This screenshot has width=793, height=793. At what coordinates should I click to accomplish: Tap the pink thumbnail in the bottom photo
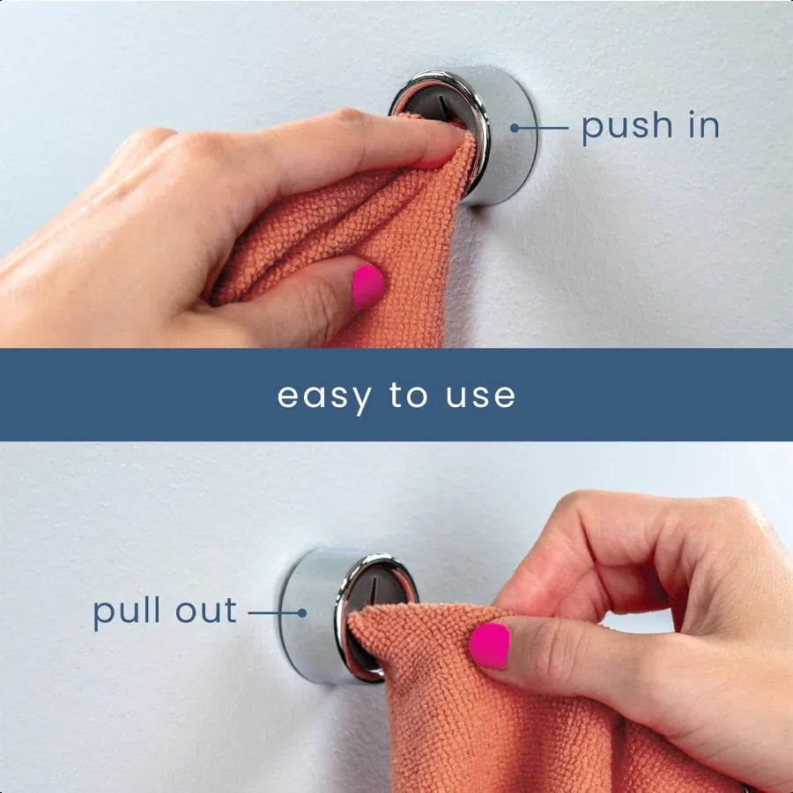pos(489,646)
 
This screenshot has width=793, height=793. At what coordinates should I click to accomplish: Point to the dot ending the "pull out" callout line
pos(301,611)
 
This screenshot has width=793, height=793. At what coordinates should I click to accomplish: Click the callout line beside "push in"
pos(545,128)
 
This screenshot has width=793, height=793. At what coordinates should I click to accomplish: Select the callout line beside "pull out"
pos(273,611)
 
